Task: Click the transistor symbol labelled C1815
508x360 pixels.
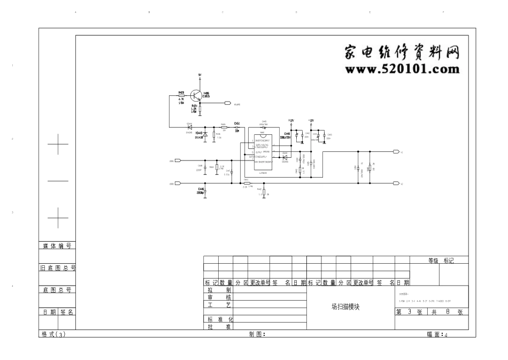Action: coord(199,95)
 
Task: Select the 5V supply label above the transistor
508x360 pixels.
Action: coord(200,75)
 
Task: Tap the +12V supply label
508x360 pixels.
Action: coord(291,121)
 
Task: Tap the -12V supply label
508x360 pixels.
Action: coord(311,121)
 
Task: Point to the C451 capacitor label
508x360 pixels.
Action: coord(237,123)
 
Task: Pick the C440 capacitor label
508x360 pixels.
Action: coord(287,134)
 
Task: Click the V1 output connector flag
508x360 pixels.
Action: coord(396,152)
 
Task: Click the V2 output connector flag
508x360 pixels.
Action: coord(396,183)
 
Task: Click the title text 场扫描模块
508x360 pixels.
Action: coord(346,307)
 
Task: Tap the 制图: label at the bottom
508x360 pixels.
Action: coord(257,334)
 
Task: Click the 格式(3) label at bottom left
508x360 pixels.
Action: coord(53,334)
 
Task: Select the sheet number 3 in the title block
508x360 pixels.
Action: coord(410,312)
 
